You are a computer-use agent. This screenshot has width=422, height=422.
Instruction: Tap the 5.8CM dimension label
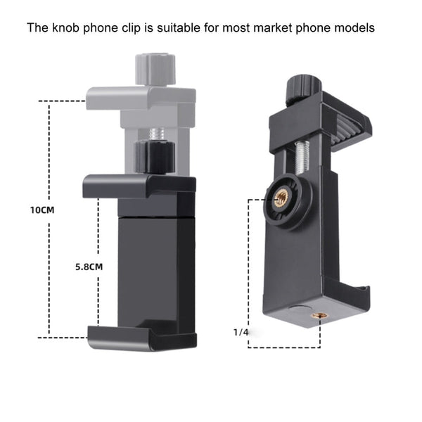point(89,267)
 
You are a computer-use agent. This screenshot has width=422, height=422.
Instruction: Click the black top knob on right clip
point(303,88)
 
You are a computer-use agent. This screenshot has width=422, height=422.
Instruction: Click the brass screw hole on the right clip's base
point(319,318)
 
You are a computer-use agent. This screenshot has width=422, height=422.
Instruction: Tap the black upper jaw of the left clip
point(139,186)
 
